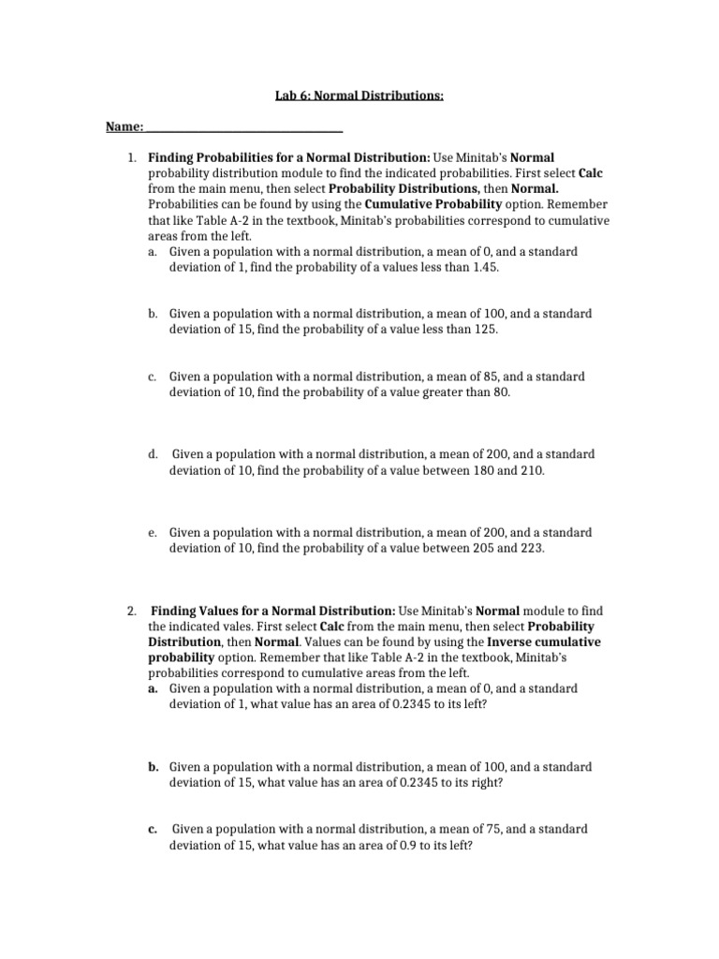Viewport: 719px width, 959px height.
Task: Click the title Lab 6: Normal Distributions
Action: click(x=359, y=96)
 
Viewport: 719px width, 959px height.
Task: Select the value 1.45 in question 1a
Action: click(x=485, y=267)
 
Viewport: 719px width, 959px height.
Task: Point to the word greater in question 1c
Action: click(x=432, y=392)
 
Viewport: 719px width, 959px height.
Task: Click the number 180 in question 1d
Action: click(x=480, y=470)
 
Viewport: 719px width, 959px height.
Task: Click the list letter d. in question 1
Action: click(x=152, y=454)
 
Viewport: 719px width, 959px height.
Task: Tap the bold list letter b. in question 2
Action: click(x=152, y=767)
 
